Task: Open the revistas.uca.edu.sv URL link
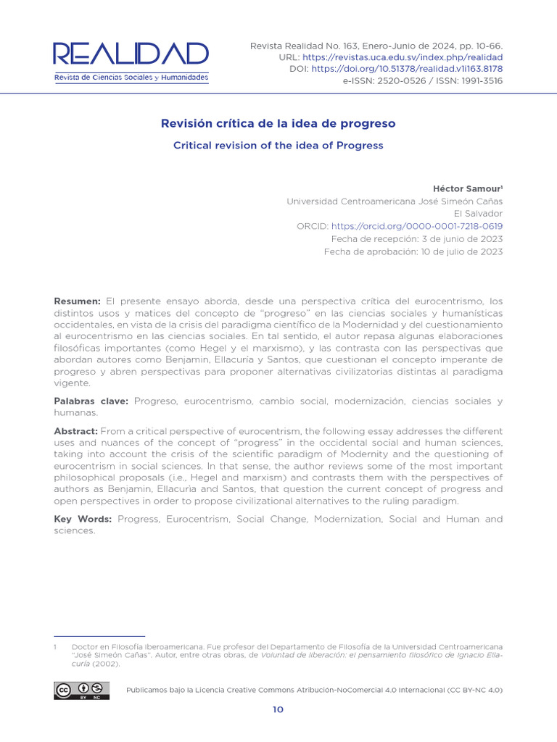(402, 57)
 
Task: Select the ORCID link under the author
(416, 226)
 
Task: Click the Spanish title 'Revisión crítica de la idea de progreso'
(278, 124)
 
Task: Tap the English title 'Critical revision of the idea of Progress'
(278, 146)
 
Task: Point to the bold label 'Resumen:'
(78, 301)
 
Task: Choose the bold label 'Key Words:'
(83, 520)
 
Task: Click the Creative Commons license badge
(81, 691)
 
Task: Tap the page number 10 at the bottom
(278, 709)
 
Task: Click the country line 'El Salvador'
(478, 214)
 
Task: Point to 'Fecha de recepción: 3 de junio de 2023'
(416, 239)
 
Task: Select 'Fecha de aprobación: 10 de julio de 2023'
(413, 251)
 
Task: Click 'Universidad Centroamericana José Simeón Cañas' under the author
(395, 201)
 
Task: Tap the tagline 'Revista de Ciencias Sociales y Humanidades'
(131, 78)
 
